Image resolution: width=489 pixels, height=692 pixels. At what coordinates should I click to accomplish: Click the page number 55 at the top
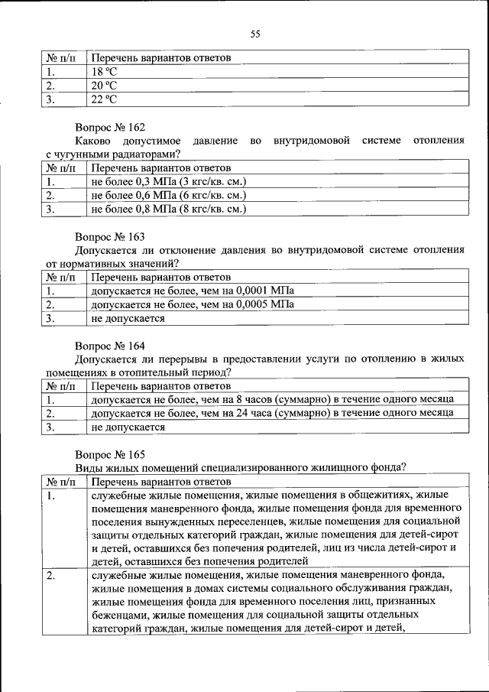click(255, 33)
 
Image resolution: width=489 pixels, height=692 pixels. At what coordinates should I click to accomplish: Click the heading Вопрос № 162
click(109, 127)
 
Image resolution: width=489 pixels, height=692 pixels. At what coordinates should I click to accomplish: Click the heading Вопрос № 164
click(109, 346)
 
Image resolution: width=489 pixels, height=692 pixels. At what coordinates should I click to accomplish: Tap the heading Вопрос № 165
click(109, 455)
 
